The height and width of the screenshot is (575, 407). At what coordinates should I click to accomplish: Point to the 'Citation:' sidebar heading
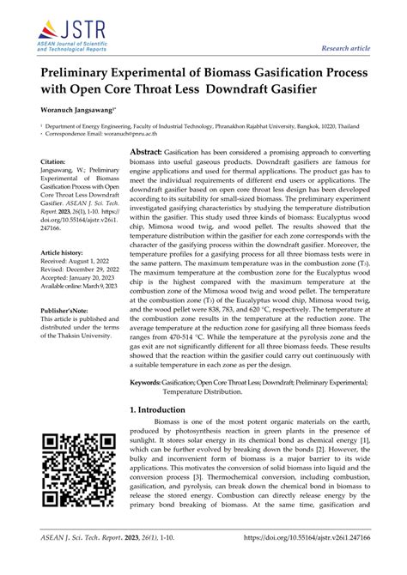54,161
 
